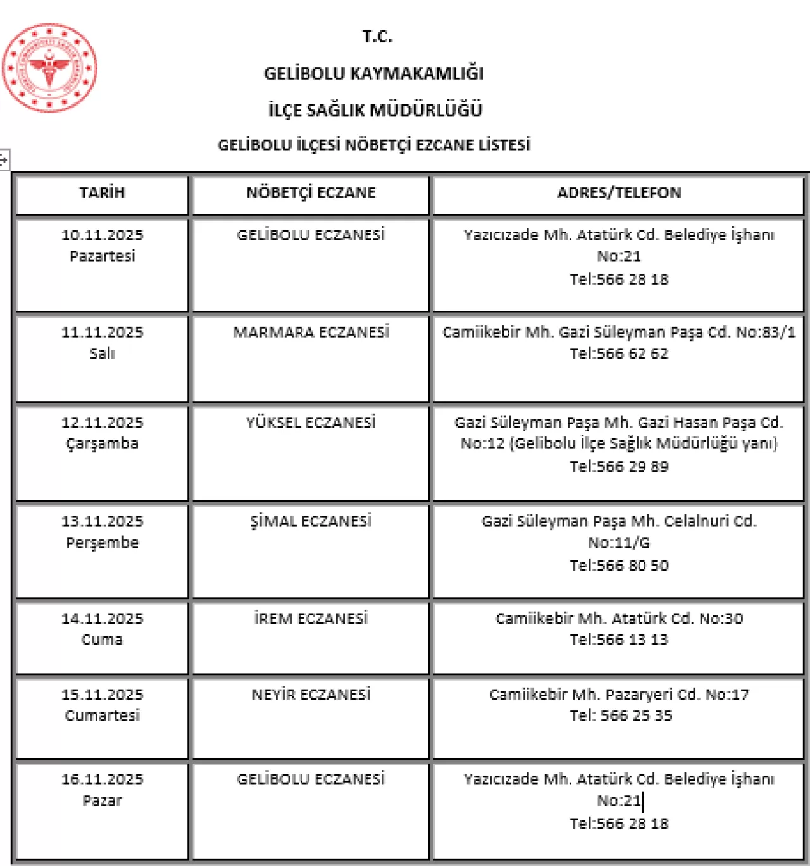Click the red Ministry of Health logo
point(49,68)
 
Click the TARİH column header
point(102,193)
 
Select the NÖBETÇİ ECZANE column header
point(311,193)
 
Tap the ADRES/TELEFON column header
point(618,193)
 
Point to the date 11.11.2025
point(102,332)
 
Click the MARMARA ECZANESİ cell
point(311,332)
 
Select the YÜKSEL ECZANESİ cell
point(311,422)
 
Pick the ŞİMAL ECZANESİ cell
point(311,521)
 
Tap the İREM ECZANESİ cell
point(311,618)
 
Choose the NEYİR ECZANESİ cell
point(311,695)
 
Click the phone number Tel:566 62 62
point(618,354)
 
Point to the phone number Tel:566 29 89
point(618,467)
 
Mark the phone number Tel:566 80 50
point(618,566)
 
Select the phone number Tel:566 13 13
point(618,640)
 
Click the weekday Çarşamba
point(102,444)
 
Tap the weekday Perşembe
point(102,543)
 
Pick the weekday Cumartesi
point(102,716)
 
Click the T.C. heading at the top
point(377,37)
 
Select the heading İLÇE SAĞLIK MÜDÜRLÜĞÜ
point(375,110)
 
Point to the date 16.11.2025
point(102,779)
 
